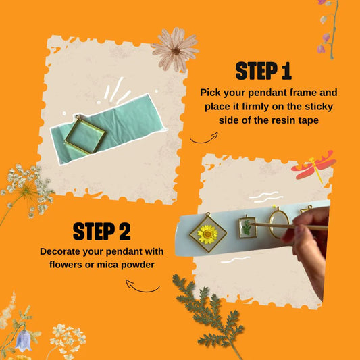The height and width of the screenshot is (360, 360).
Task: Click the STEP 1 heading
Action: tap(263, 71)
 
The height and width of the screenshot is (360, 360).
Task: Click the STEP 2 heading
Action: tap(102, 231)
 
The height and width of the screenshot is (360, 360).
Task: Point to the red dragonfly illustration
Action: tap(314, 166)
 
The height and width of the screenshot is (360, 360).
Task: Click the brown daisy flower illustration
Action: tap(175, 49)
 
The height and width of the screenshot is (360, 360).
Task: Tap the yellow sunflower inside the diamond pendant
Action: tap(207, 234)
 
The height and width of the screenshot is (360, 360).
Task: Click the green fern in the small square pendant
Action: tap(247, 228)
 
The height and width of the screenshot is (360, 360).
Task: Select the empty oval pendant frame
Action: tap(278, 222)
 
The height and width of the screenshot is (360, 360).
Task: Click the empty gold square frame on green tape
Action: tap(85, 134)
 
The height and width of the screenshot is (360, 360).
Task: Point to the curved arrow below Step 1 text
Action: tap(204, 138)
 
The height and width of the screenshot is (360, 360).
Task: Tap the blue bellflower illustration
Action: tap(24, 340)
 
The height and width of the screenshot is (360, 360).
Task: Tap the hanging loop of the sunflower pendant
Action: tap(208, 214)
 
